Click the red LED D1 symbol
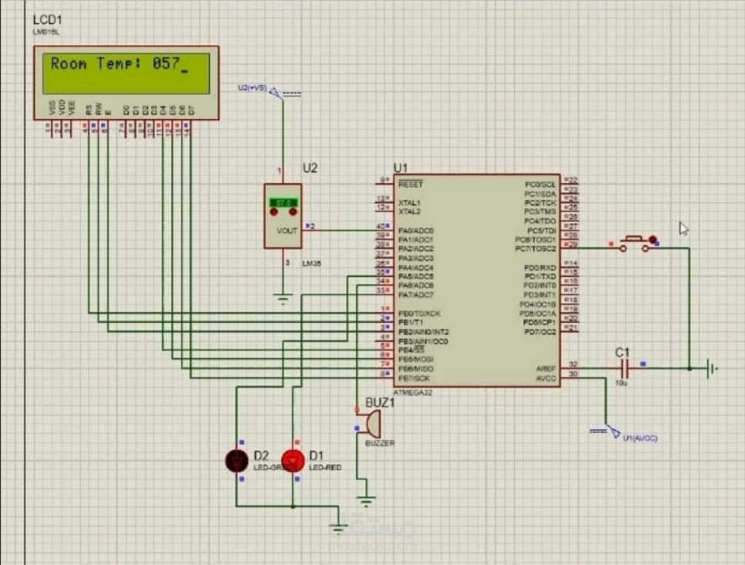292,460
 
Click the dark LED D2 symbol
236,460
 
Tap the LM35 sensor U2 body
282,216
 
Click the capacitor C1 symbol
622,368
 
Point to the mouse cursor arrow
683,228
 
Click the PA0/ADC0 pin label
416,231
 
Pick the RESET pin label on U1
410,184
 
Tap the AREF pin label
546,368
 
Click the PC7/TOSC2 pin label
536,248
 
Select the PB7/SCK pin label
414,378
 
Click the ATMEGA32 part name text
413,392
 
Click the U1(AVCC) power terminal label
640,437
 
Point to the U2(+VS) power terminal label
252,88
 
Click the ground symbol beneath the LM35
282,298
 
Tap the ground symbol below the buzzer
366,500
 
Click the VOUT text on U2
286,231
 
